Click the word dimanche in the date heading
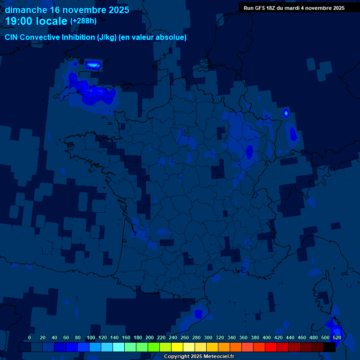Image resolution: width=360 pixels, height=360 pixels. click(26, 10)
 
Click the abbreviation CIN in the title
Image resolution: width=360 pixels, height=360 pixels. click(11, 37)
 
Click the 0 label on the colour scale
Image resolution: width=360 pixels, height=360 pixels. click(30, 337)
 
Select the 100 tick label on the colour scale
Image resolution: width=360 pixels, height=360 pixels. click(90, 337)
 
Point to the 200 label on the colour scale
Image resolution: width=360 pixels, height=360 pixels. click(149, 337)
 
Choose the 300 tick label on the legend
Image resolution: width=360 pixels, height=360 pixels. click(208, 337)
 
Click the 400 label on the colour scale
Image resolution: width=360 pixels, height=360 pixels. click(266, 337)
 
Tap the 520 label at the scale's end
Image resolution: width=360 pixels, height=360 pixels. click(337, 337)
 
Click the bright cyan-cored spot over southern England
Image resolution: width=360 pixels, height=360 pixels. click(93, 64)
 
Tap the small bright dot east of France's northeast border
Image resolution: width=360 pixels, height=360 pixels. click(286, 113)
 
